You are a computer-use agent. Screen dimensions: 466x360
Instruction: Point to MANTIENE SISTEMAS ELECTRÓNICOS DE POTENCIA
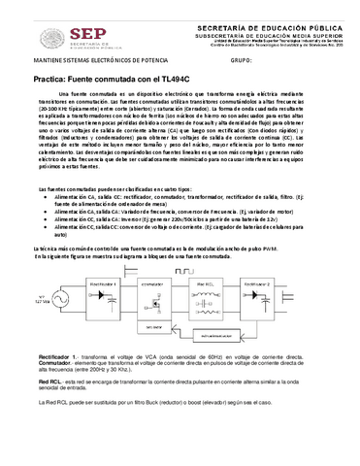click(x=88, y=59)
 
